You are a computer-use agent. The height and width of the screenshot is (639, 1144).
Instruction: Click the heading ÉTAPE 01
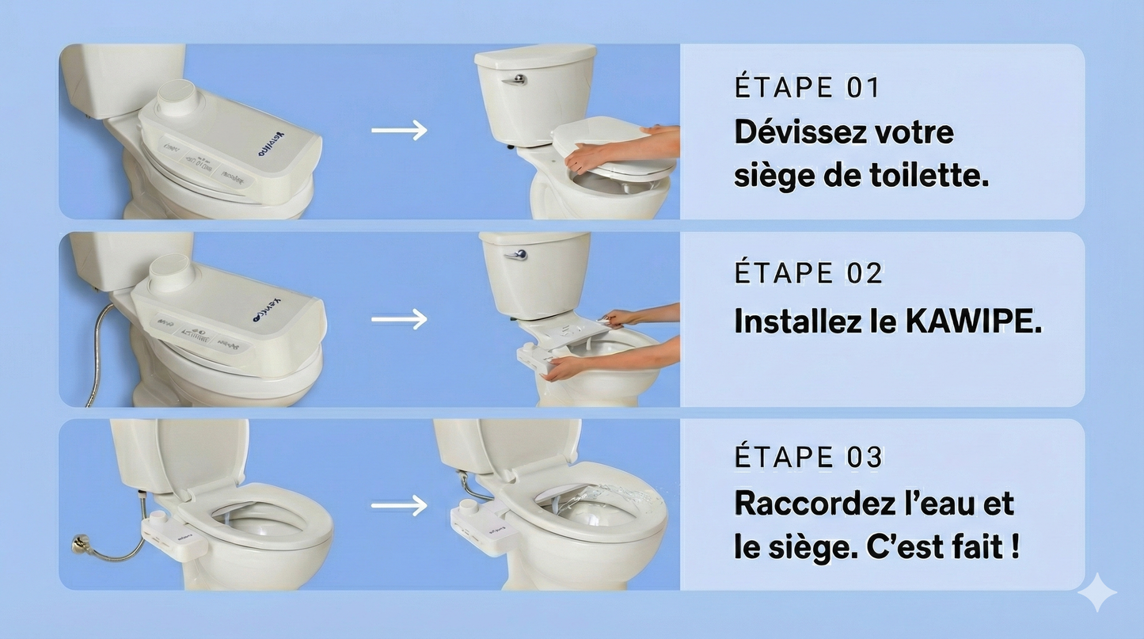point(807,87)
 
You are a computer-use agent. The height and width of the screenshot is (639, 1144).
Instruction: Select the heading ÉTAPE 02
point(808,273)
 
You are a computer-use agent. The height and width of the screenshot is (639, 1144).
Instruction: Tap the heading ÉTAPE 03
point(808,458)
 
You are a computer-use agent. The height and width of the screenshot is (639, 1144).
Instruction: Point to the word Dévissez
point(800,132)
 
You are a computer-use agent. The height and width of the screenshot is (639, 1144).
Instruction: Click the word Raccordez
point(815,504)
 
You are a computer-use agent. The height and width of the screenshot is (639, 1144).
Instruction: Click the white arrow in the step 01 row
point(399,131)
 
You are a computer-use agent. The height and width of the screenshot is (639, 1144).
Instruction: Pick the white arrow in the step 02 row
point(399,319)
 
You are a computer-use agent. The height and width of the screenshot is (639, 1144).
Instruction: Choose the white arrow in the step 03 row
point(399,504)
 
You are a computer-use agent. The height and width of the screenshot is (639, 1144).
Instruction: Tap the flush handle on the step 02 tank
point(515,254)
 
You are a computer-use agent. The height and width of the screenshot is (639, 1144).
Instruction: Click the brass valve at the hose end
point(80,544)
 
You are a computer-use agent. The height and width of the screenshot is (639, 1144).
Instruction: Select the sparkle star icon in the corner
point(1096,592)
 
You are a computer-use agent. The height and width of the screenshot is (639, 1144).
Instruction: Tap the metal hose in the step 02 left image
point(100,356)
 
